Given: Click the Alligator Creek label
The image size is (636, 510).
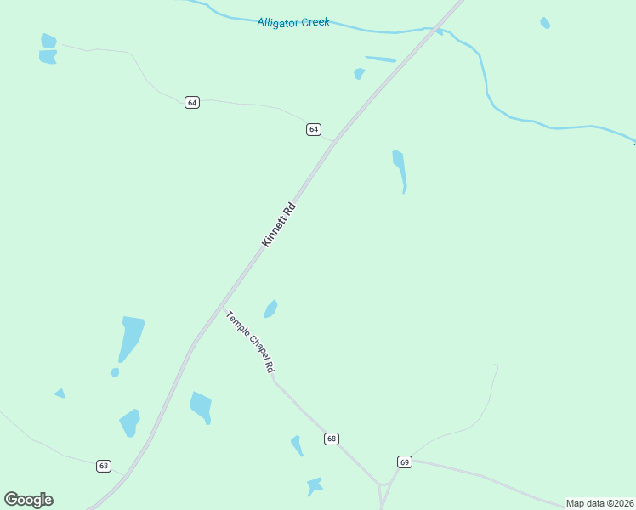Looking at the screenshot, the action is (x=292, y=22).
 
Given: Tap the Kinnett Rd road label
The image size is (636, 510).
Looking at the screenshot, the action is (x=279, y=225).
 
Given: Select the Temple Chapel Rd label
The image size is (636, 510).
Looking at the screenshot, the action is (x=250, y=342).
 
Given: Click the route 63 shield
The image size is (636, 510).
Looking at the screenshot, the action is (x=104, y=466).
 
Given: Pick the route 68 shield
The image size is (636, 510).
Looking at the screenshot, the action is (x=331, y=439).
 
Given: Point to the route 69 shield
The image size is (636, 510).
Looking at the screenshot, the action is (x=405, y=462).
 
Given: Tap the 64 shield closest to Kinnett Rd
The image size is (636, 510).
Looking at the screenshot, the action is (x=314, y=129).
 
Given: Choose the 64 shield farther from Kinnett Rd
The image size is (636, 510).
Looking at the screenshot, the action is (x=192, y=103).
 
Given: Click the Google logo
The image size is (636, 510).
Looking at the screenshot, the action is (x=28, y=500).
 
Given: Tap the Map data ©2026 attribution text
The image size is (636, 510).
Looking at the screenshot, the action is (x=599, y=503).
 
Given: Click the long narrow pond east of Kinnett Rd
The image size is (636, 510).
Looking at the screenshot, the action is (x=399, y=169).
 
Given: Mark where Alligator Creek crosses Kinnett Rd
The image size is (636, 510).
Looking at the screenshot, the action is (x=433, y=31).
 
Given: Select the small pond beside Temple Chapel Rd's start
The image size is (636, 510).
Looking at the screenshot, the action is (x=270, y=309).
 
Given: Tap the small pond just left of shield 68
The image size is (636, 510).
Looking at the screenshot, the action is (x=297, y=445).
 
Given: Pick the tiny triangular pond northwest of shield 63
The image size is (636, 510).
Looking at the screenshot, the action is (x=60, y=393).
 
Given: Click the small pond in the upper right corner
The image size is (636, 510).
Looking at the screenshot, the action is (x=545, y=23).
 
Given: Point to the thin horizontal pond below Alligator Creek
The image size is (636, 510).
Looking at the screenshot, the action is (x=380, y=59).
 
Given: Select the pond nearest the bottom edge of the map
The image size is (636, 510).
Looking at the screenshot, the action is (x=314, y=486).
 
